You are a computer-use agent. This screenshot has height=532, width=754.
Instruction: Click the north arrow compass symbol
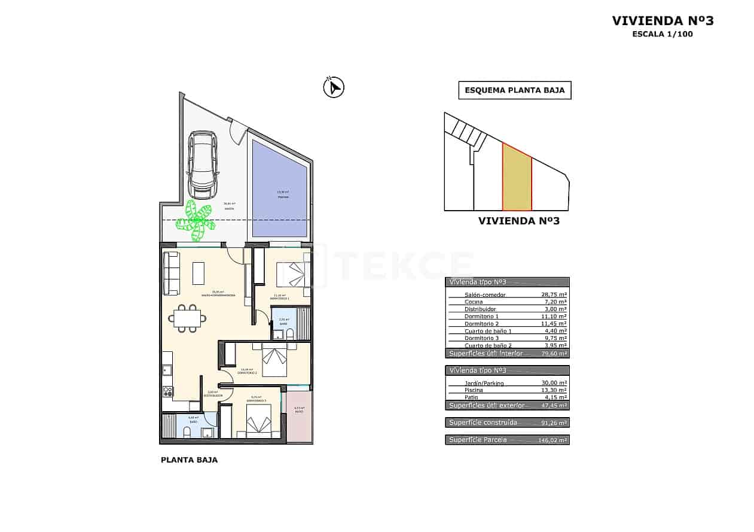point(333,88)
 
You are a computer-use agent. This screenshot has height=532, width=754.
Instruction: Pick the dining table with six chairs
point(187,318)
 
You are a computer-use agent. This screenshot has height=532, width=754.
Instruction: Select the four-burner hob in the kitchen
point(168,392)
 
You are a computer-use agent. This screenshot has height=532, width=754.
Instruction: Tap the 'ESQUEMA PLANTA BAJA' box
point(515,90)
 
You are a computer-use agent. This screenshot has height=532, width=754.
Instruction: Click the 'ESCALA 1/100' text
point(663,34)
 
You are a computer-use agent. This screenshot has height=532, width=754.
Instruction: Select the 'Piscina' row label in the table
point(474,390)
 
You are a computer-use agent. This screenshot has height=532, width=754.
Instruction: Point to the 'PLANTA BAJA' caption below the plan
point(189,460)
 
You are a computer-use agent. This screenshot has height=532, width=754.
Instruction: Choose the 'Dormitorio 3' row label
point(481,338)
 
